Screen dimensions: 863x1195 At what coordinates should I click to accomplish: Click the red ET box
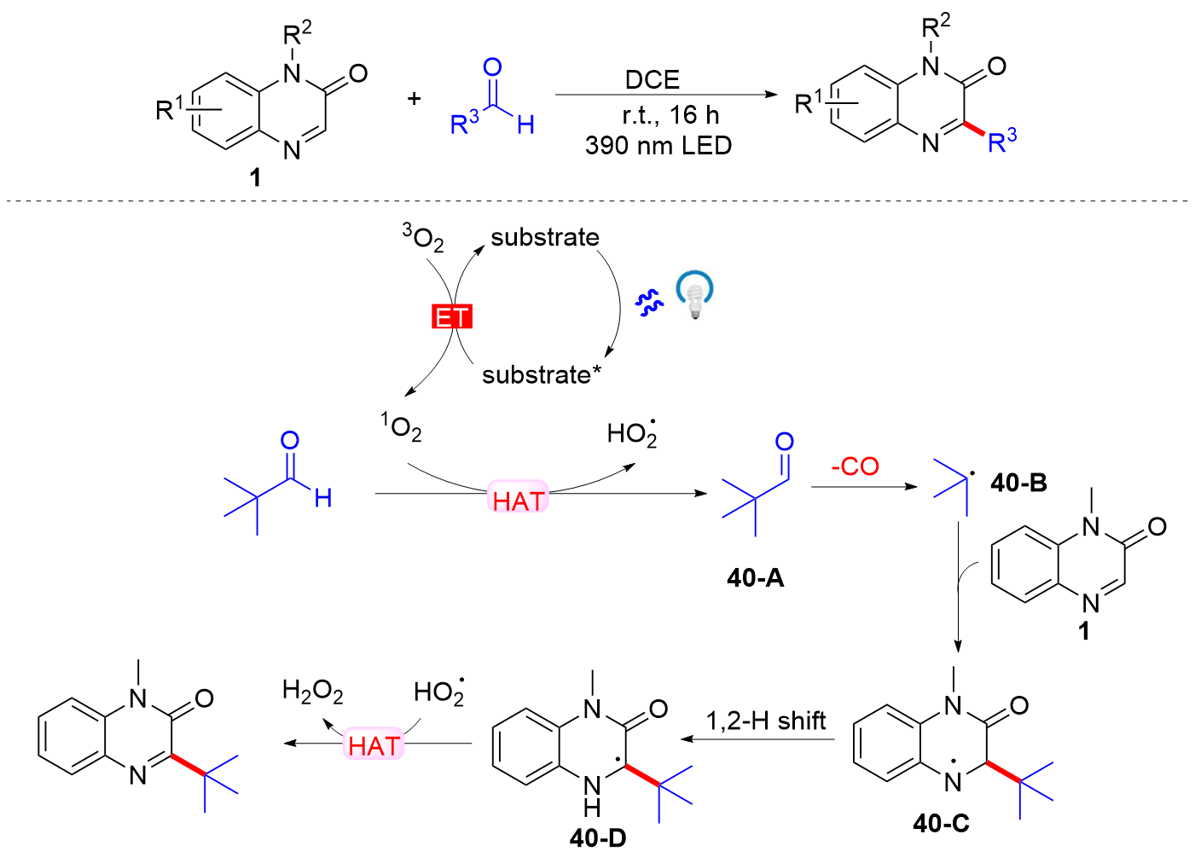pos(452,317)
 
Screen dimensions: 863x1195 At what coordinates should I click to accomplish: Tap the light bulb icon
pos(695,295)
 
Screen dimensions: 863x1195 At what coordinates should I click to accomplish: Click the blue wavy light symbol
pos(649,302)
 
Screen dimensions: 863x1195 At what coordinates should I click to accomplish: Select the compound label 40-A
pos(755,578)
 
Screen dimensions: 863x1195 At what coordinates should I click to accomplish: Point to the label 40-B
pos(1018,483)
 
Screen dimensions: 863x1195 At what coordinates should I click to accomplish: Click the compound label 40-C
pos(941,823)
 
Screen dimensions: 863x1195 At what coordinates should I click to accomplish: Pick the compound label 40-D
pos(598,838)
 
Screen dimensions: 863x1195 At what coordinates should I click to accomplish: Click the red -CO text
pos(855,466)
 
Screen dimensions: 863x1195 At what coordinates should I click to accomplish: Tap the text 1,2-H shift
pos(766,721)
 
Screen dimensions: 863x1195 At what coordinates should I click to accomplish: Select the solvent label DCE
pos(653,80)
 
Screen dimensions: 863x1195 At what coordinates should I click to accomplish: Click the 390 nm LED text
pos(658,146)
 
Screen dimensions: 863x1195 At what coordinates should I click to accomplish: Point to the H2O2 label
pos(312,691)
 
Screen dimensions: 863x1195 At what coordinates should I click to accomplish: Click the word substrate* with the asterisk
pos(542,374)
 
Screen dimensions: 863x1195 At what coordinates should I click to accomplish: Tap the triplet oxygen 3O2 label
pos(424,238)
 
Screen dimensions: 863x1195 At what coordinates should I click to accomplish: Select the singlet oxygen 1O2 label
pos(402,426)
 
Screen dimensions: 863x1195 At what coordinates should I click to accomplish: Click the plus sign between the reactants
pos(414,99)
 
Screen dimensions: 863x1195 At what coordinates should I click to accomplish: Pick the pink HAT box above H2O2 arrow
pos(374,746)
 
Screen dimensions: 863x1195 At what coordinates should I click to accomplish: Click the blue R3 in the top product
pos(1001,141)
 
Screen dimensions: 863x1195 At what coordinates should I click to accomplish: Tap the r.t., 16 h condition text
pos(670,114)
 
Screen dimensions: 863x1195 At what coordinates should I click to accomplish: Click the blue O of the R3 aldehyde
pos(492,67)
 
